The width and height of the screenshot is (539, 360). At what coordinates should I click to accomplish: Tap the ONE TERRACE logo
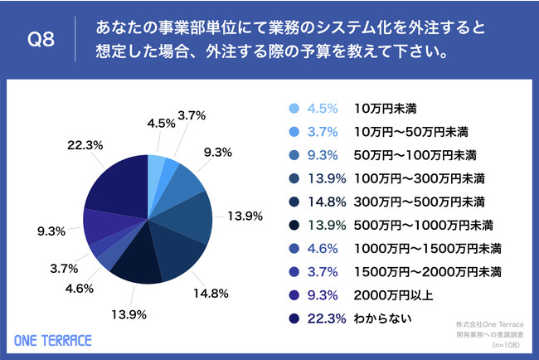click(54, 339)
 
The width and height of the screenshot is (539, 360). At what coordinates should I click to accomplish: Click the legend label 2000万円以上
click(393, 294)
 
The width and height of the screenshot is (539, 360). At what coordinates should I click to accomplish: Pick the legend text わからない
click(381, 317)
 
